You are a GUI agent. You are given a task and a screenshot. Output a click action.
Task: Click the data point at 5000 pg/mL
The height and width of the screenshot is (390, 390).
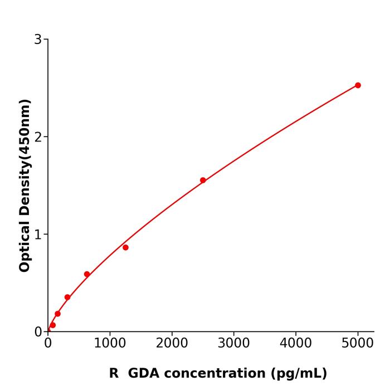358,85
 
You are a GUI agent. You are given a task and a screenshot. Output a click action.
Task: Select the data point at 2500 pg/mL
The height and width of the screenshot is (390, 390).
203,180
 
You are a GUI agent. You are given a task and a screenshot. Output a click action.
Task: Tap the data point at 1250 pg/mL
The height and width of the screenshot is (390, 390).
125,247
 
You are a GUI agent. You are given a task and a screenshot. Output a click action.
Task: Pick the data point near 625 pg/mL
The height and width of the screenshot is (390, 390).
87,274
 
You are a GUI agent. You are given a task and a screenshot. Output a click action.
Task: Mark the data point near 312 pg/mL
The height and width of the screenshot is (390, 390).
67,297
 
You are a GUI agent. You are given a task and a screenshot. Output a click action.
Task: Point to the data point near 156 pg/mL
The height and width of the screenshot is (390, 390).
57,314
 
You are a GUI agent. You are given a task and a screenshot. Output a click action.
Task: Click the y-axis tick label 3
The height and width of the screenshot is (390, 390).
38,40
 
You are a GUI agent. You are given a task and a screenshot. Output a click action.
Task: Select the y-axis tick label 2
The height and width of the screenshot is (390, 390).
38,137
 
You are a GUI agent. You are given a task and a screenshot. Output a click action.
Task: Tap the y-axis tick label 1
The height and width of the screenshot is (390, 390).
38,235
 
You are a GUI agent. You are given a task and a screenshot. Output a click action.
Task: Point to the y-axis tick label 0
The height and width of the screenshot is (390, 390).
38,332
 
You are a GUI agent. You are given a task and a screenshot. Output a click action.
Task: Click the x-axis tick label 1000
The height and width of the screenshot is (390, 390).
110,343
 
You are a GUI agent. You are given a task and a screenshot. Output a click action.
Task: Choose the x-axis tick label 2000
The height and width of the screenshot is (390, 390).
172,343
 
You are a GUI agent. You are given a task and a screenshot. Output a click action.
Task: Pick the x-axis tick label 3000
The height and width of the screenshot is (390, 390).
233,343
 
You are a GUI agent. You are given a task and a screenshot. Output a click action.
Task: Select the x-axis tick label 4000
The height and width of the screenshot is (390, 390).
295,343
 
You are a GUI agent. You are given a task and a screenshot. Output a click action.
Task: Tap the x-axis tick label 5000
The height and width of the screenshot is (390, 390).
358,343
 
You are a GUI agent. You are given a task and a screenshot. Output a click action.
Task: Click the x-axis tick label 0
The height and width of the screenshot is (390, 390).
48,343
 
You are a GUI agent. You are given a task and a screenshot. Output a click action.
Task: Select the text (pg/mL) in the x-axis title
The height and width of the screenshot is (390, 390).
299,373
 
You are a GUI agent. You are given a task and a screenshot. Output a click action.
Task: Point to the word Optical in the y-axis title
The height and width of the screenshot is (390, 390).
25,245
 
